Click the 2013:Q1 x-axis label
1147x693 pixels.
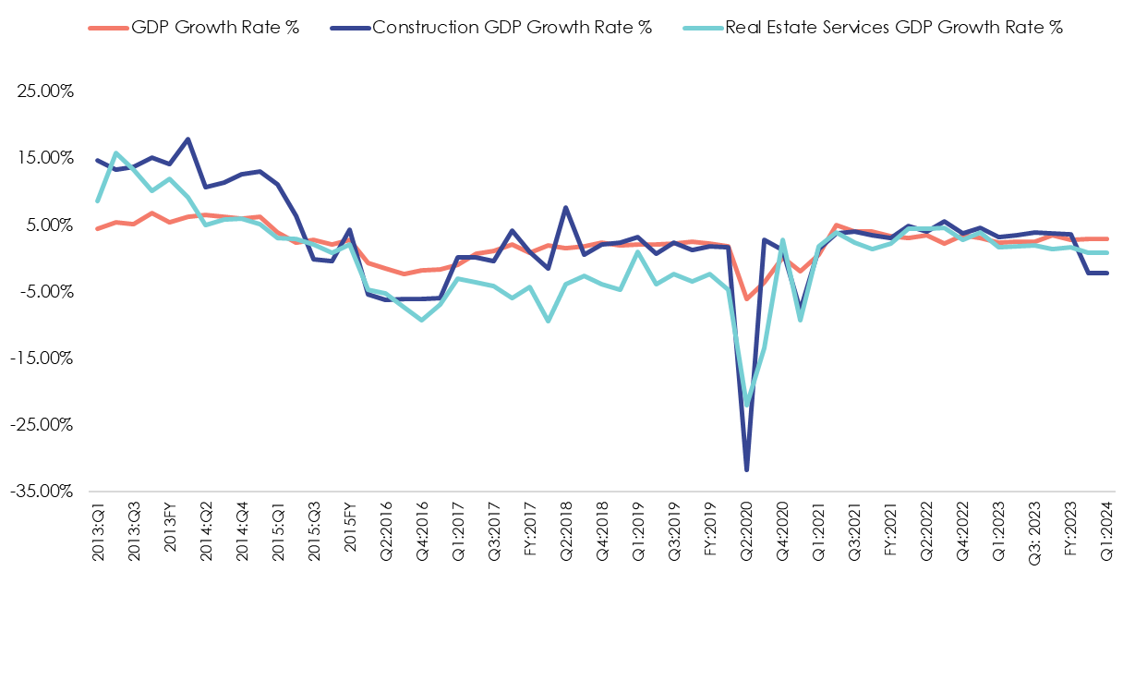(x=98, y=528)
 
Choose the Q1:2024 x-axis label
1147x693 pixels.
(x=1106, y=528)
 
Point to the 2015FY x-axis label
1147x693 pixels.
(x=351, y=528)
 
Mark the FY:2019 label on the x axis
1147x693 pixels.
(x=711, y=528)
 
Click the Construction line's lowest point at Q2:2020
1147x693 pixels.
(x=746, y=469)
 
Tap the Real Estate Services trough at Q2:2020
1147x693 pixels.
(x=747, y=405)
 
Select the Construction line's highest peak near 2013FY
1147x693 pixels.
(x=188, y=140)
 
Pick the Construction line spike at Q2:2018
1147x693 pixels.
(x=566, y=208)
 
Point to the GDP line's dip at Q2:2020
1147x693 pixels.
(x=746, y=298)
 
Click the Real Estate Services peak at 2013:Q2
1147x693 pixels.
(x=115, y=153)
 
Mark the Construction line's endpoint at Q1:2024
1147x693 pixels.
(x=1106, y=273)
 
